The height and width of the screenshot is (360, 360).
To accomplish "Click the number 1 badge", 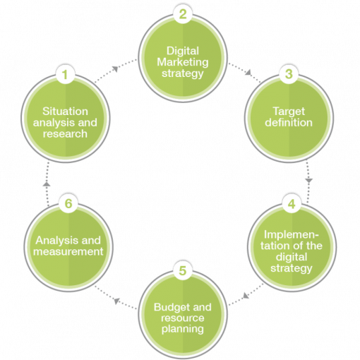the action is pos(65,75).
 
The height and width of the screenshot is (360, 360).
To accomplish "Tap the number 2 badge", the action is pos(183,14).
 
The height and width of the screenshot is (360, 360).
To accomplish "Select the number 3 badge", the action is pos(289,74).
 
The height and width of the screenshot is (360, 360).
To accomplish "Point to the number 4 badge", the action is pos(292,204).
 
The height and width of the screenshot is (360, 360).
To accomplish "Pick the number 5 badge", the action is pos(183,270).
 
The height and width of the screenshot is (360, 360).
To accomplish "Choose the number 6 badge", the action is pos(68,203).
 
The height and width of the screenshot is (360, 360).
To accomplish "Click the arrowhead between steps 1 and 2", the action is pos(115,69).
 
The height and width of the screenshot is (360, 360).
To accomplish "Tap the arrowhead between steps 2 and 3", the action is pos(248,72).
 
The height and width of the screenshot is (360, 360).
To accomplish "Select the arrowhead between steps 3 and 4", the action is pos(309,181).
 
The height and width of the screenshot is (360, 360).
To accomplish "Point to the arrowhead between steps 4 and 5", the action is pos(246,295).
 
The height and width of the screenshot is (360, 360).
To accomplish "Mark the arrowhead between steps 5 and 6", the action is pos(117,301).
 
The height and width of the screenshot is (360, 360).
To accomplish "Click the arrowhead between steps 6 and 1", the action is pos(47,184).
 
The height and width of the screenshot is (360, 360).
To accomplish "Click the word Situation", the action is pos(65,112).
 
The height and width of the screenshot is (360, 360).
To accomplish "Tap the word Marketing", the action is pos(183,62).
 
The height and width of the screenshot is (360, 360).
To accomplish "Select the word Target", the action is pos(289,112).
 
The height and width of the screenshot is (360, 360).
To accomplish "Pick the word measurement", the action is pos(68,251).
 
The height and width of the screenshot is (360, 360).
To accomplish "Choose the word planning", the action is pos(183,329).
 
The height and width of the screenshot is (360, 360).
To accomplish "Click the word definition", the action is pos(289,122).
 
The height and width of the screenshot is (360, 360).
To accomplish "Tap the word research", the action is pos(65,133).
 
